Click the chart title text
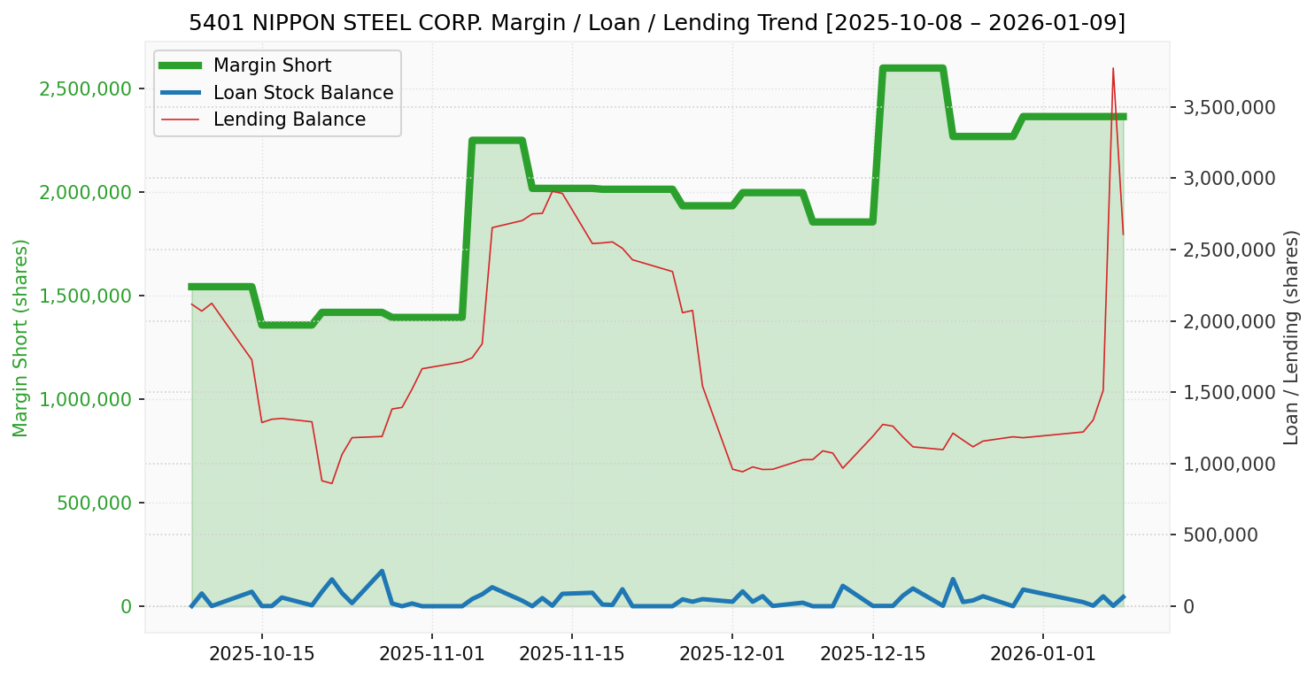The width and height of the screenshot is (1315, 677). tap(657, 22)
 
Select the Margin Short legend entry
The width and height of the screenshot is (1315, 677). tap(272, 65)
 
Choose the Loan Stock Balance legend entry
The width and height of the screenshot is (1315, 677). tap(303, 93)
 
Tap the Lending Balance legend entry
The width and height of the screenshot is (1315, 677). tap(289, 119)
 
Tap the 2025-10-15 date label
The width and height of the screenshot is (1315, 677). tap(262, 654)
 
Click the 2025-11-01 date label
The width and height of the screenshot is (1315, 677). tap(431, 654)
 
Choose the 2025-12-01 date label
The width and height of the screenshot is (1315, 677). tap(732, 654)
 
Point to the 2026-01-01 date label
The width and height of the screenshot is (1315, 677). tap(1042, 654)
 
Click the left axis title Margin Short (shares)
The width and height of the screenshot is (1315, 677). tap(21, 337)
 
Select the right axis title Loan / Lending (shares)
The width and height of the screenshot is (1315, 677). tap(1291, 337)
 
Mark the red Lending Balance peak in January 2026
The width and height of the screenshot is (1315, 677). tap(1113, 68)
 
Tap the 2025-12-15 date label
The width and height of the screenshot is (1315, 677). tap(872, 654)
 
